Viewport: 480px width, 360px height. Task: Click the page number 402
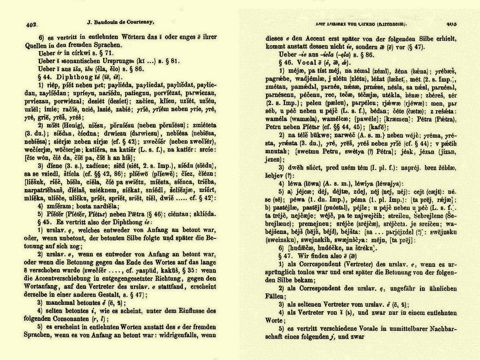[x=31, y=25]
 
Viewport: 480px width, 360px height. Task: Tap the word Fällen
[x=276, y=296]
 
